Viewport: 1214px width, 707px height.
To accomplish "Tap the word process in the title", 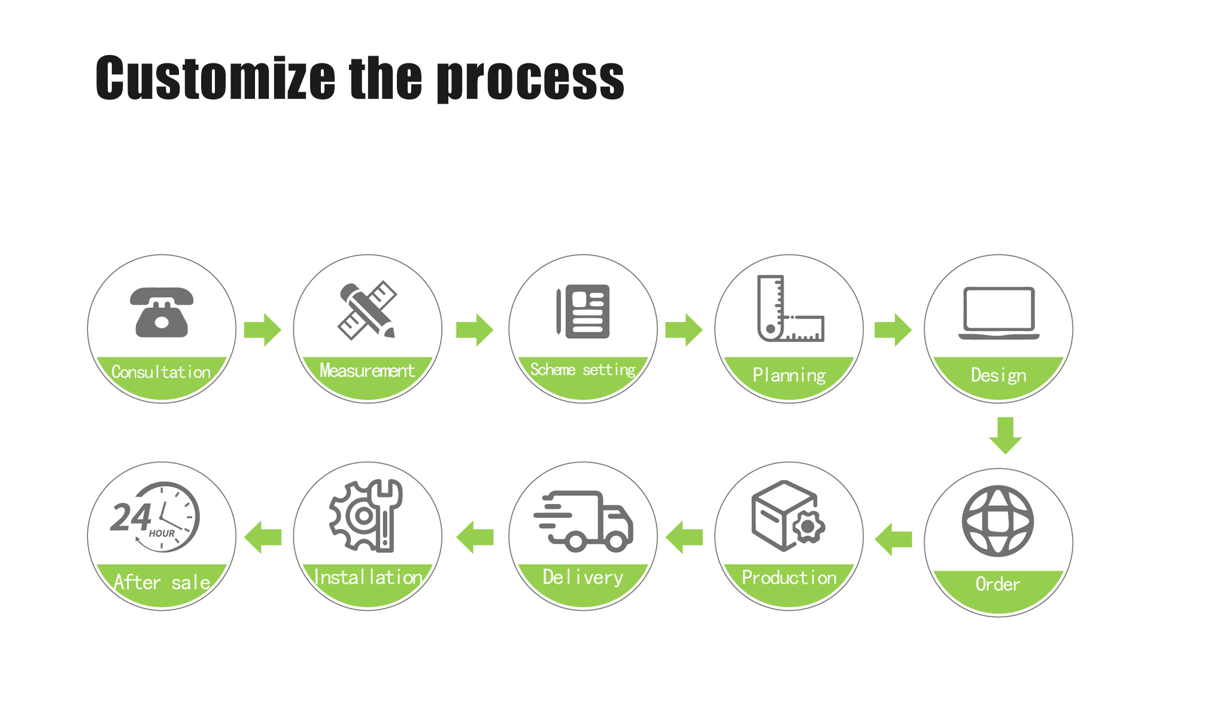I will (x=530, y=80).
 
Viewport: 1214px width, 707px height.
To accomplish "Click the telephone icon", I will (x=162, y=312).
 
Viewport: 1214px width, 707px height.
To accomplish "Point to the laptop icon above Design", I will (x=998, y=313).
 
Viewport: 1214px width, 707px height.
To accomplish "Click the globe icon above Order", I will (x=997, y=521).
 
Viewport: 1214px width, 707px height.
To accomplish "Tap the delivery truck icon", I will (x=584, y=520).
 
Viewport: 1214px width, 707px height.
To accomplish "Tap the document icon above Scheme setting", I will (x=583, y=311).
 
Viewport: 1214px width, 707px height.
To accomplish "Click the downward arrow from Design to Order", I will (x=1005, y=435).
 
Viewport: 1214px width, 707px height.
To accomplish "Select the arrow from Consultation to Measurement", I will (x=263, y=329).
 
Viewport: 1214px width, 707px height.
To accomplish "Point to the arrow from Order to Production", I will (x=894, y=539).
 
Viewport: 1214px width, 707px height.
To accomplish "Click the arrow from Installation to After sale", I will (x=263, y=536).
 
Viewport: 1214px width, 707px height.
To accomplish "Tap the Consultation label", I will (x=161, y=372).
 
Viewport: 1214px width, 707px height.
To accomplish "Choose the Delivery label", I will (x=583, y=578).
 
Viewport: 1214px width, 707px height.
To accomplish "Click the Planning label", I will (x=789, y=375).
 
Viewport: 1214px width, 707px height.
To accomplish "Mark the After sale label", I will (x=162, y=582).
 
